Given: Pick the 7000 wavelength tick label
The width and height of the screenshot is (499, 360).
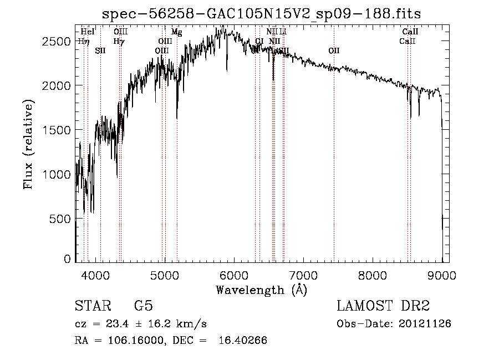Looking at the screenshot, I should pos(303,275).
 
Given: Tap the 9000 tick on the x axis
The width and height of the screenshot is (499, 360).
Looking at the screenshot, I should pos(441,275).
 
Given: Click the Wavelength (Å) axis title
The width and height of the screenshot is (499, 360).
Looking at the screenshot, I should pos(261,290).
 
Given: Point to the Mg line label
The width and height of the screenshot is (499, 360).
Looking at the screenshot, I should pos(176,32).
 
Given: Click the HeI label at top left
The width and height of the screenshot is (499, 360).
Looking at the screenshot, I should pos(88,32).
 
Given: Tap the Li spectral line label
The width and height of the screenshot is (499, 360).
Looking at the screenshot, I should pos(283,32).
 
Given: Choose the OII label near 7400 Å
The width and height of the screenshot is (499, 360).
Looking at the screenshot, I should pos(334,51).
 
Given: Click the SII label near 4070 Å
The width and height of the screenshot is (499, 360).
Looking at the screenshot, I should pos(100,51).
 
